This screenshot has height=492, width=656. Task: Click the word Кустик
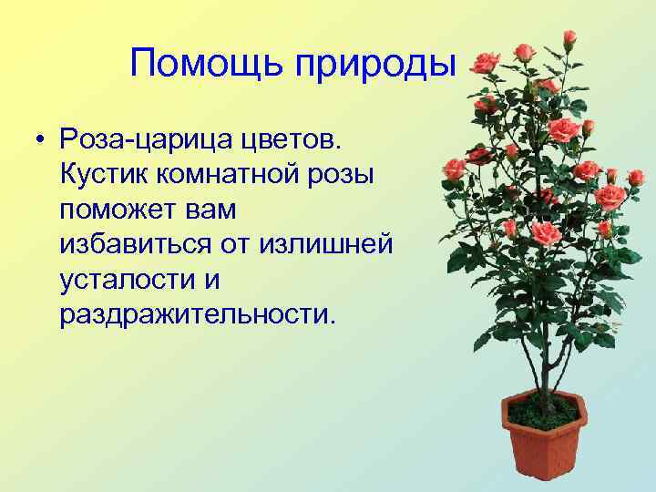point(102,176)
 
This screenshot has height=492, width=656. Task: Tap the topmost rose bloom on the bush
point(569,37)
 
